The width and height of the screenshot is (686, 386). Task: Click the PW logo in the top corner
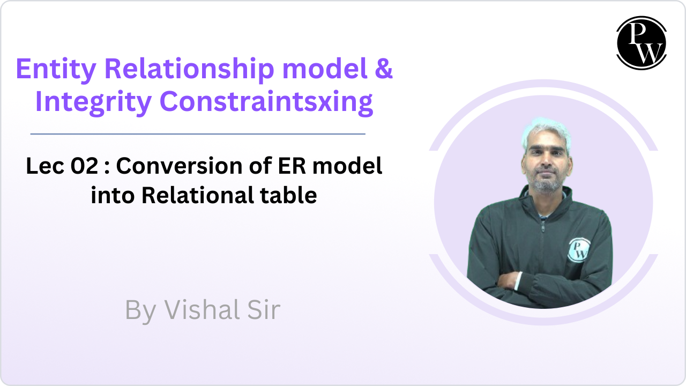tap(642, 43)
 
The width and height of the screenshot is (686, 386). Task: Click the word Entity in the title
tap(56, 70)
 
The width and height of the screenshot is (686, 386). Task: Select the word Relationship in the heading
tap(189, 70)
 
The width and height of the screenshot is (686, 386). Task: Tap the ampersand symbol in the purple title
tap(383, 68)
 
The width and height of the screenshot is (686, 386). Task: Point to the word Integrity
tap(93, 102)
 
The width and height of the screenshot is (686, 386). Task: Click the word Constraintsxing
tap(266, 102)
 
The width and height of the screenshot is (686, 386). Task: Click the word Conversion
tap(179, 166)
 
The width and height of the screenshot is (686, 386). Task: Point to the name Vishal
tap(202, 310)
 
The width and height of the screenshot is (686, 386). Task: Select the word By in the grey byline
tap(141, 311)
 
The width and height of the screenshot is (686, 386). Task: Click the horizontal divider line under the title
tap(198, 134)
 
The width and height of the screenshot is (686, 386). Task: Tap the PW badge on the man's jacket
tap(578, 250)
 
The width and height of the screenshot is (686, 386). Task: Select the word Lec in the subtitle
tap(45, 166)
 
